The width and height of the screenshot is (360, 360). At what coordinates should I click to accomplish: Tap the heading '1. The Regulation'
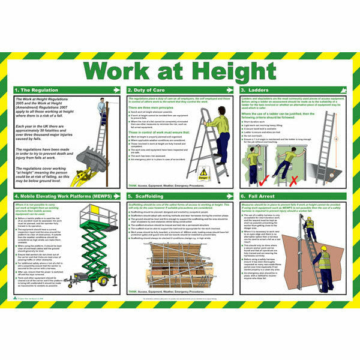pyautogui.click(x=37, y=90)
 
